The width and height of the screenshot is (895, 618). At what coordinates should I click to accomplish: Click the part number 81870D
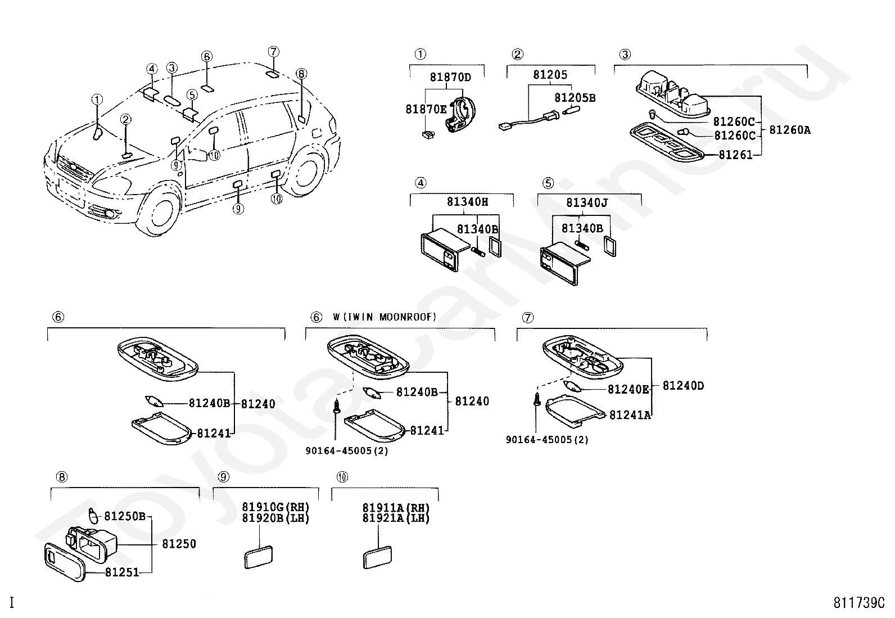(x=450, y=76)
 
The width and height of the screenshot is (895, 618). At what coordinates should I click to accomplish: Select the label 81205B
(x=575, y=97)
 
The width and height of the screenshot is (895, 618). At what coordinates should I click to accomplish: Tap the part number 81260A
(x=790, y=129)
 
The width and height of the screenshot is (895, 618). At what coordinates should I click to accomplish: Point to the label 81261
(x=735, y=155)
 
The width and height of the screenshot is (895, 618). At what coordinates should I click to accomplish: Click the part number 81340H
(x=468, y=201)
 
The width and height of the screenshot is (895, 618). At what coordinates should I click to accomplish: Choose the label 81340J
(x=587, y=202)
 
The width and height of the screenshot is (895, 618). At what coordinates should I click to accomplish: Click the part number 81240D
(x=683, y=386)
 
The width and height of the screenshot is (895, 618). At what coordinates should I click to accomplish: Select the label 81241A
(x=630, y=416)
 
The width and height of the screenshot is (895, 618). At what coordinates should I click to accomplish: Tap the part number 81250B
(x=125, y=516)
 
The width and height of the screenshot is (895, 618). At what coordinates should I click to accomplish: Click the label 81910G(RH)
(x=275, y=507)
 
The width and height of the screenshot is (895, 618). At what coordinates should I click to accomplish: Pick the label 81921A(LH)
(x=396, y=518)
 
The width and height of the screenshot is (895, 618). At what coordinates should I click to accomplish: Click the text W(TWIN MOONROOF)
(x=385, y=317)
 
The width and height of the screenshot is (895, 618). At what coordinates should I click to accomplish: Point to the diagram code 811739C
(x=859, y=603)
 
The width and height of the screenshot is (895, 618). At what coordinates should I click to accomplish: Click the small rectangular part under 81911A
(x=377, y=557)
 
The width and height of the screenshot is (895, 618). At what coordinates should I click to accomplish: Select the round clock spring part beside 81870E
(x=461, y=112)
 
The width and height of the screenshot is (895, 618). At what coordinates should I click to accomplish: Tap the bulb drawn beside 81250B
(x=93, y=516)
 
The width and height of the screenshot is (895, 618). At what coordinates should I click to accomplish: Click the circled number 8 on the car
(x=301, y=74)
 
